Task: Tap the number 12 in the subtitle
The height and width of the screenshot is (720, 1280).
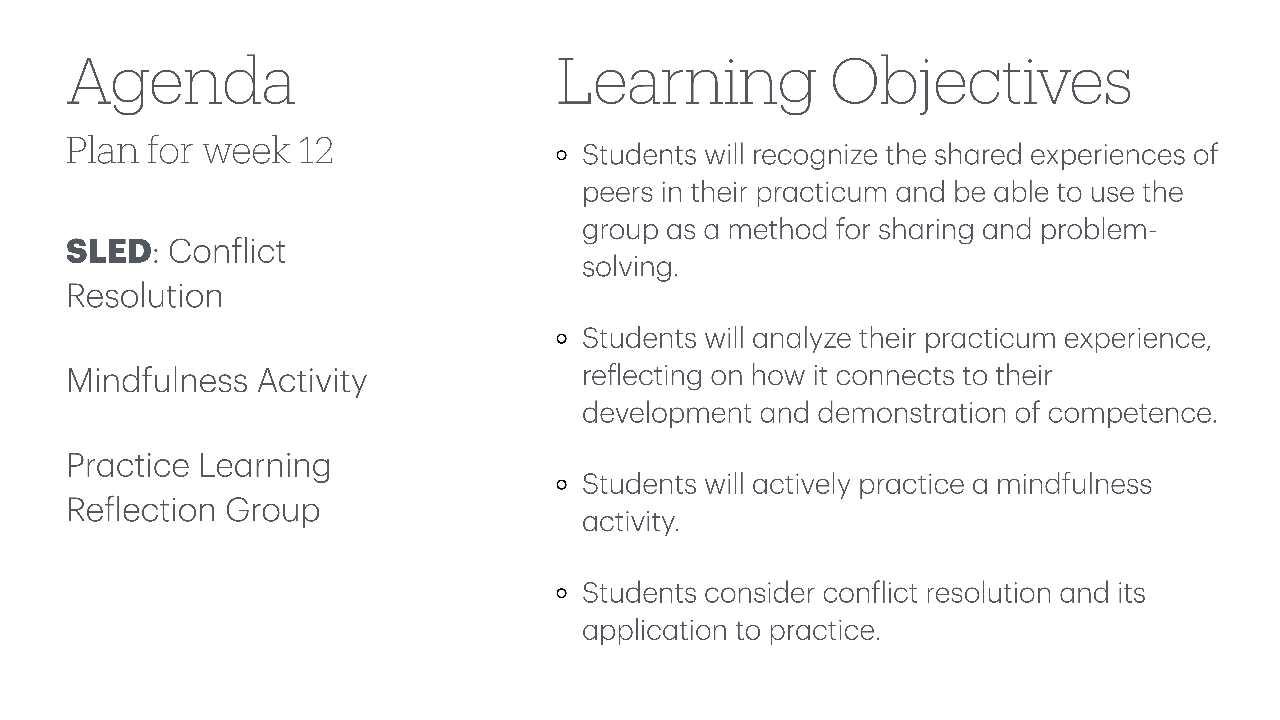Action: point(316,151)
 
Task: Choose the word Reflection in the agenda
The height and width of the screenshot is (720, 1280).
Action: point(141,510)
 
